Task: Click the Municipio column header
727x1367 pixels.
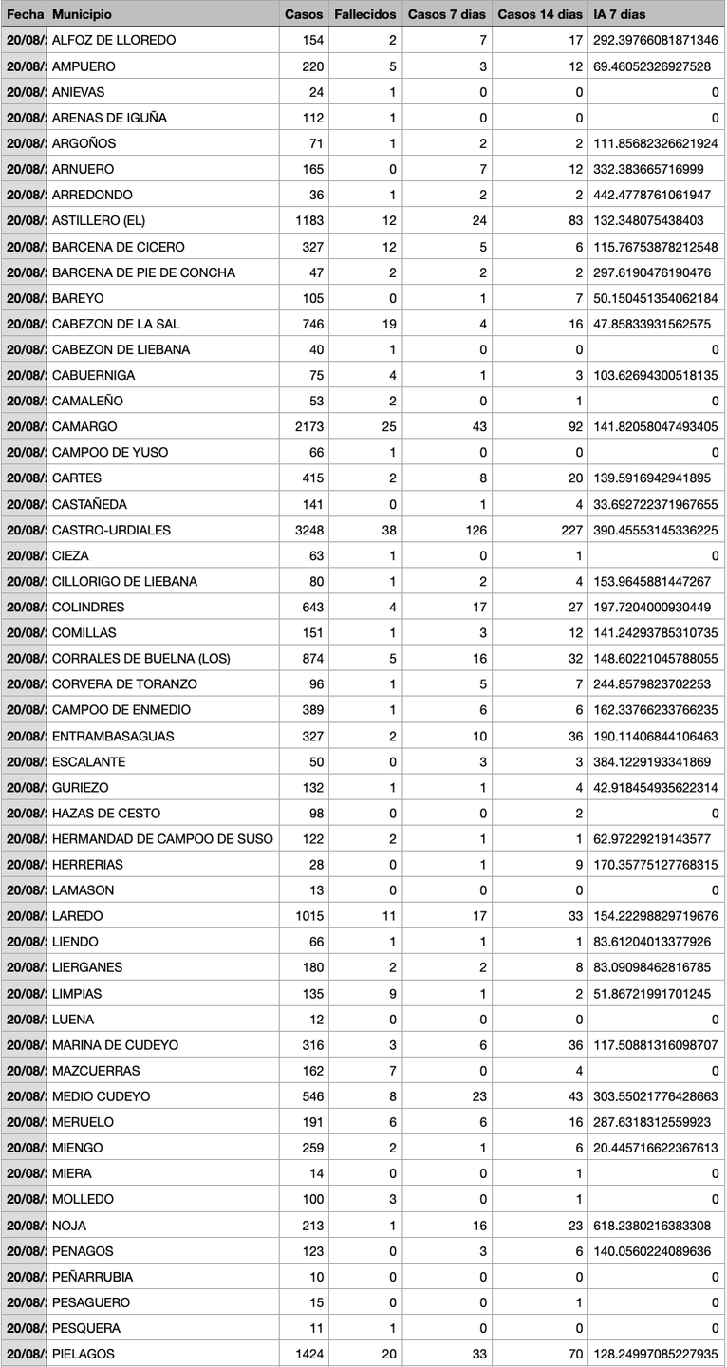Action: (x=82, y=15)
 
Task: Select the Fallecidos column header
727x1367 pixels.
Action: (x=364, y=15)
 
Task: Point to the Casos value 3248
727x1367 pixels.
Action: (x=309, y=530)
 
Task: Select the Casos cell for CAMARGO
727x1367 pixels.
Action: (x=309, y=427)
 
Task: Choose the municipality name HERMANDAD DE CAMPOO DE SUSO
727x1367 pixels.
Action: (x=162, y=839)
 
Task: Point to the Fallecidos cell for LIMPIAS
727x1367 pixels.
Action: (x=391, y=994)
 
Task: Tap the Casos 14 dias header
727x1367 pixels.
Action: (x=540, y=15)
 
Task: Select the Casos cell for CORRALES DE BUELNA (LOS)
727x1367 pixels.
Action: (x=310, y=659)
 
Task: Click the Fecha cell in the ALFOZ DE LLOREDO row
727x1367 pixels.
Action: (x=23, y=41)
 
